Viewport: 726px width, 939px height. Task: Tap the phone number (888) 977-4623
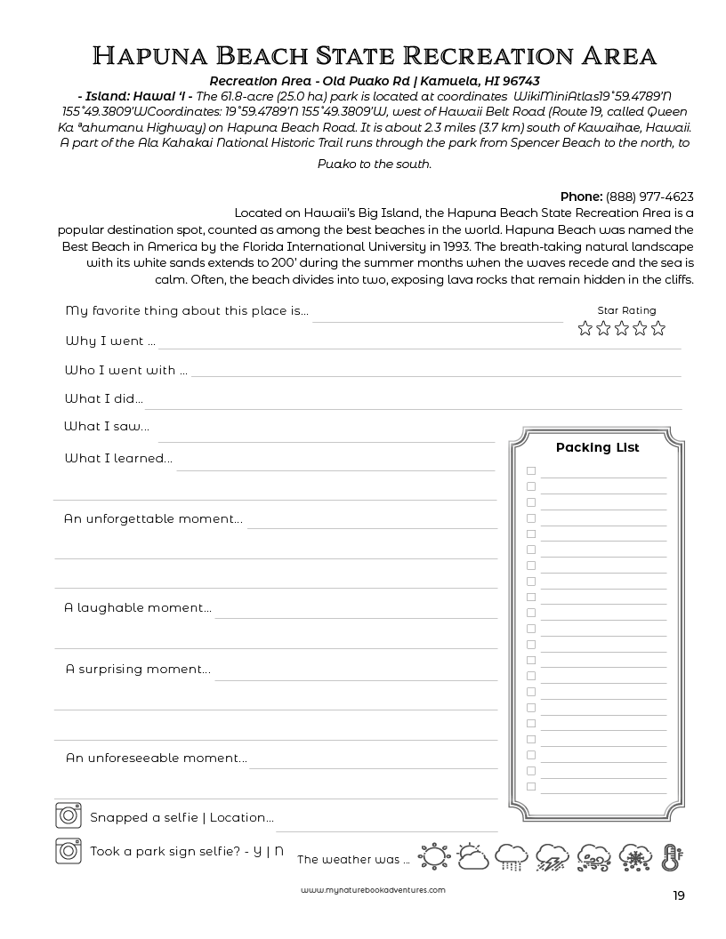[649, 197]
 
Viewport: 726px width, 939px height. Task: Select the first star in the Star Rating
[585, 328]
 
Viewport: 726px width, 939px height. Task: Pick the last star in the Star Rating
[657, 328]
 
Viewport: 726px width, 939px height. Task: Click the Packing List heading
[597, 447]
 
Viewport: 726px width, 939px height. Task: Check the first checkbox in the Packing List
[531, 470]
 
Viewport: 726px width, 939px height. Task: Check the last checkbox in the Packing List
[531, 786]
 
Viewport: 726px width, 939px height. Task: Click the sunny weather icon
[433, 856]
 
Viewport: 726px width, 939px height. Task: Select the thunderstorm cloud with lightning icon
[553, 856]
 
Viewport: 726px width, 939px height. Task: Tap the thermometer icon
[672, 856]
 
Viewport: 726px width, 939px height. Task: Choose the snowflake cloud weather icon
[633, 856]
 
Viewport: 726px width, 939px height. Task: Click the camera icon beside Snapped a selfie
[68, 815]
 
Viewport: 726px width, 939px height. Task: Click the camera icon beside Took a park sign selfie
[68, 850]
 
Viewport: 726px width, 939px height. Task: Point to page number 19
[679, 895]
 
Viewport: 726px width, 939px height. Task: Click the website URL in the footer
[373, 889]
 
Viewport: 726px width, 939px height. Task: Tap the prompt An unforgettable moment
[152, 518]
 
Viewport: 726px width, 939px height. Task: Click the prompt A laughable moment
[138, 608]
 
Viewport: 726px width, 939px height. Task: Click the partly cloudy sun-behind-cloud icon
[472, 856]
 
